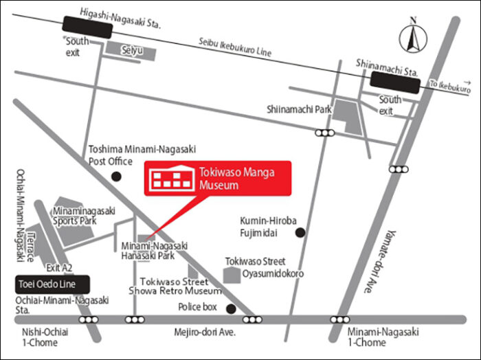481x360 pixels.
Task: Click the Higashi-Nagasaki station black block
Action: click(x=88, y=28)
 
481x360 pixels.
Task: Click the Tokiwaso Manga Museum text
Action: click(x=236, y=179)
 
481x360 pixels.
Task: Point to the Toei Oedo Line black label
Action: click(x=54, y=284)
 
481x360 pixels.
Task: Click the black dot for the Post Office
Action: click(x=116, y=177)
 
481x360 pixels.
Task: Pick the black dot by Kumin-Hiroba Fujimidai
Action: click(x=300, y=232)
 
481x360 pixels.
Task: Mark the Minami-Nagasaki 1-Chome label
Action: click(x=383, y=337)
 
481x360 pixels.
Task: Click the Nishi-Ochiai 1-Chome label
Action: click(x=43, y=337)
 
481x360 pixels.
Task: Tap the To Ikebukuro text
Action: click(x=450, y=87)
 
